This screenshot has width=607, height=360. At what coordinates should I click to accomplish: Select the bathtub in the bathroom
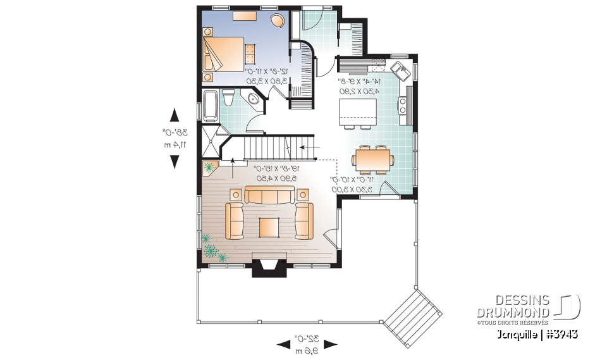tap(210, 104)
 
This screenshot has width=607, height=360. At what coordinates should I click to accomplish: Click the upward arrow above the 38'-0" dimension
tap(175, 115)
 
